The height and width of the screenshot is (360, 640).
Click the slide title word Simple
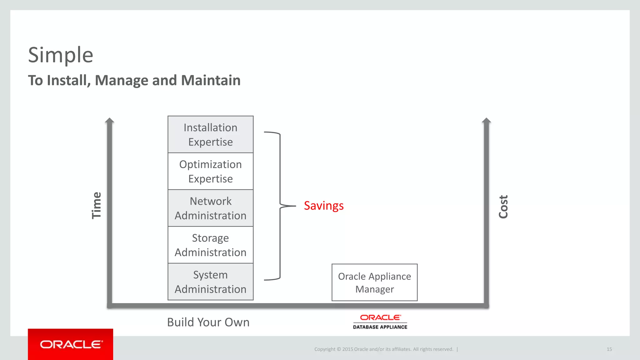(61, 55)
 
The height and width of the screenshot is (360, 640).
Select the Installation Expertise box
(210, 135)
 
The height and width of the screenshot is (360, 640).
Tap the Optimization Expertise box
(210, 171)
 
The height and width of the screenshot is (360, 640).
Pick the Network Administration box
(210, 208)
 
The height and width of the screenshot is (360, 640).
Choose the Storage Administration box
(210, 245)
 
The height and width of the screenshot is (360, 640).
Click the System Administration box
(210, 282)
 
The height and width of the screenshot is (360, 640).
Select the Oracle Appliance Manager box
(374, 282)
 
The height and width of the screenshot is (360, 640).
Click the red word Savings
(324, 206)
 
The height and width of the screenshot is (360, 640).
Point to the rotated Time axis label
(97, 205)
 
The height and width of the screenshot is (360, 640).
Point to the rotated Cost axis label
(503, 207)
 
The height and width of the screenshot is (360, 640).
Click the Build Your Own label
(208, 322)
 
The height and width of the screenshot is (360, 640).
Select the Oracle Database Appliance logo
(380, 322)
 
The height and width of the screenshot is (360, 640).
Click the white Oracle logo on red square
(71, 344)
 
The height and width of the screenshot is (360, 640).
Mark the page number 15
(609, 349)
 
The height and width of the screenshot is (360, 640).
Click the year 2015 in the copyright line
(347, 349)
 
